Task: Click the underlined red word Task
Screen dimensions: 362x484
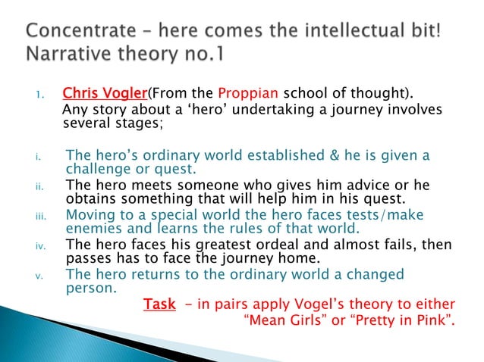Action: click(159, 304)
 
